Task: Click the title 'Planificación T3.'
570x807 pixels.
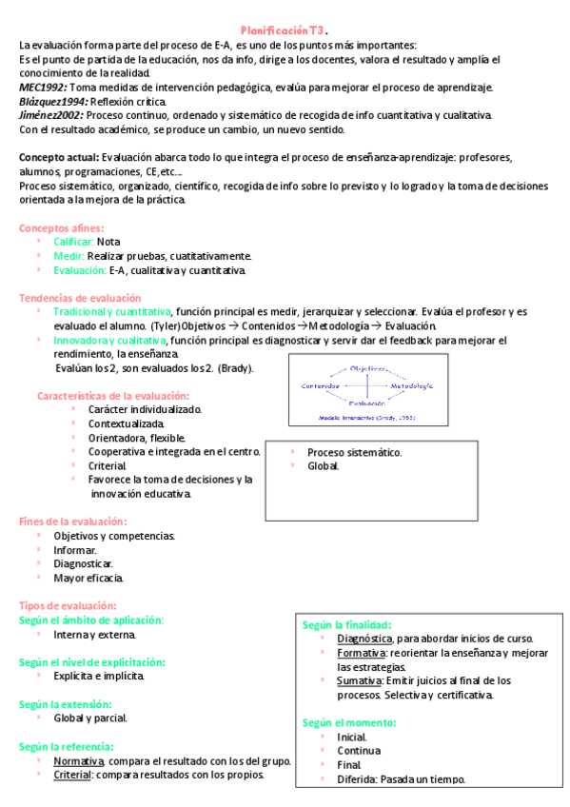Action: coord(285,31)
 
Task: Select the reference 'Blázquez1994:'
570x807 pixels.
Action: coord(53,102)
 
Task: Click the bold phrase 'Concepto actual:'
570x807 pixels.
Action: coord(58,157)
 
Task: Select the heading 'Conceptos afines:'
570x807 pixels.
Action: coord(62,227)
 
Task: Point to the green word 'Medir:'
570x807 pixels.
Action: coord(69,256)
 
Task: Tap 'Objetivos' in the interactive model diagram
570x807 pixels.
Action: coord(367,367)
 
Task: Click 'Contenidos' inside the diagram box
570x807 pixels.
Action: coord(321,385)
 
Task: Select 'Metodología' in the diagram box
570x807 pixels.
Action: coord(410,385)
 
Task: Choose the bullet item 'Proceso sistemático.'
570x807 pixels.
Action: coord(354,452)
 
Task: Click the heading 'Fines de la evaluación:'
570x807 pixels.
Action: coord(72,521)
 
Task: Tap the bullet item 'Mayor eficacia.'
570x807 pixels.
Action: coord(88,578)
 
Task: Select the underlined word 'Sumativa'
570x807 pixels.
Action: coord(359,680)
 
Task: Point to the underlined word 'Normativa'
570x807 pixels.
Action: coord(79,761)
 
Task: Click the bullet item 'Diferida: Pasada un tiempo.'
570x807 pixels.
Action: coord(401,778)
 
